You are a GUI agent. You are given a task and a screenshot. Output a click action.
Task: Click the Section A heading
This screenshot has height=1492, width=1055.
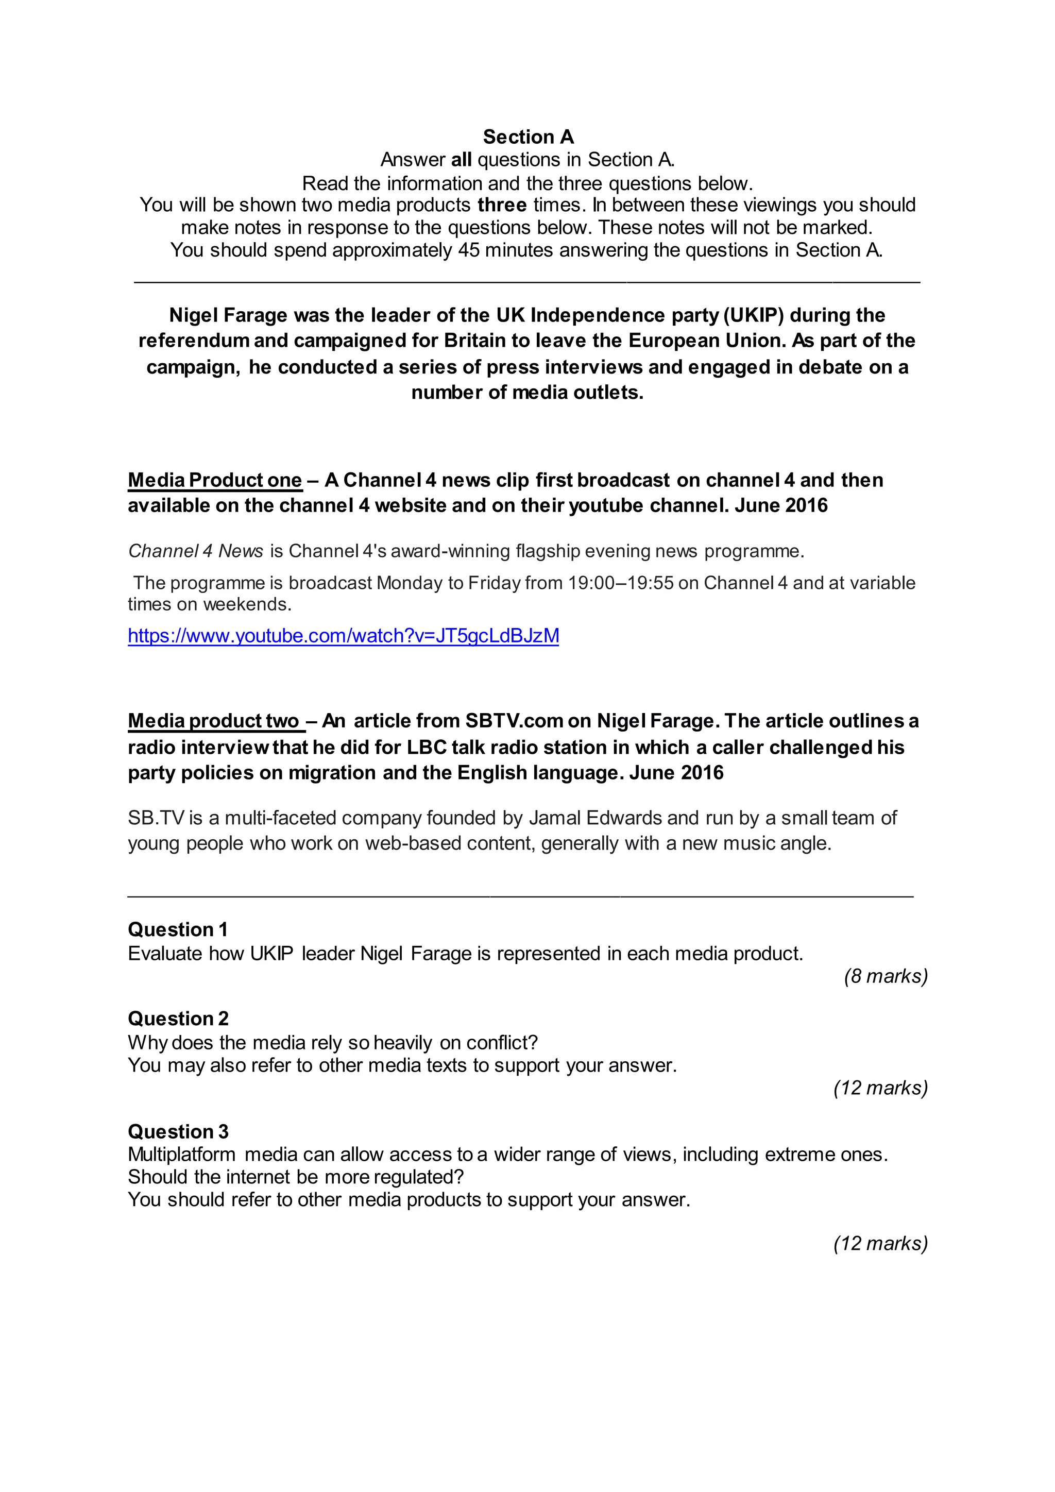pos(527,137)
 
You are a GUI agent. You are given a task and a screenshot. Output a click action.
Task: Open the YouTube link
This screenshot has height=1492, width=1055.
pos(343,636)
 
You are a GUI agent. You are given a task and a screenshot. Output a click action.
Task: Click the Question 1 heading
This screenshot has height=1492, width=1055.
pos(177,930)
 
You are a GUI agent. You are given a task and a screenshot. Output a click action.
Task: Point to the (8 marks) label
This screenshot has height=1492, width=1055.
pos(886,976)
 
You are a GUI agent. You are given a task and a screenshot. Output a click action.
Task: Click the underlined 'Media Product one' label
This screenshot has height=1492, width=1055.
pos(215,480)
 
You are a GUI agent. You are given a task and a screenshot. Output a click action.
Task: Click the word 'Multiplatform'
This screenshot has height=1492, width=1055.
pos(182,1154)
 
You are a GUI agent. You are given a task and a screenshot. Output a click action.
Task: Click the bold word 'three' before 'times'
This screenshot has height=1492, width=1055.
pos(502,206)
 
